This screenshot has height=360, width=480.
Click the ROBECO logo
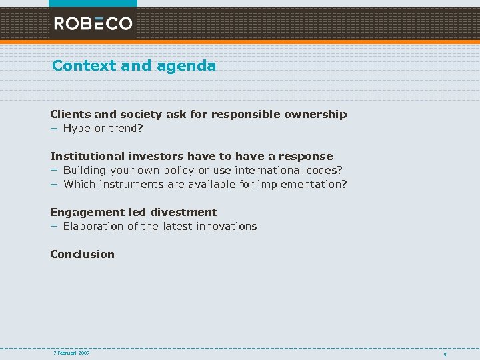pos(93,24)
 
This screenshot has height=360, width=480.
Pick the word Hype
pos(77,128)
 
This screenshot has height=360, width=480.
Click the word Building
pos(86,170)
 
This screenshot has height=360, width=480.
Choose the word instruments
pos(124,184)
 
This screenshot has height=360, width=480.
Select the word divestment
pos(183,212)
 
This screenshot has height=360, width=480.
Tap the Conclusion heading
pos(82,254)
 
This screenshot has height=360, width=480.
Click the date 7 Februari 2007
pos(71,352)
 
